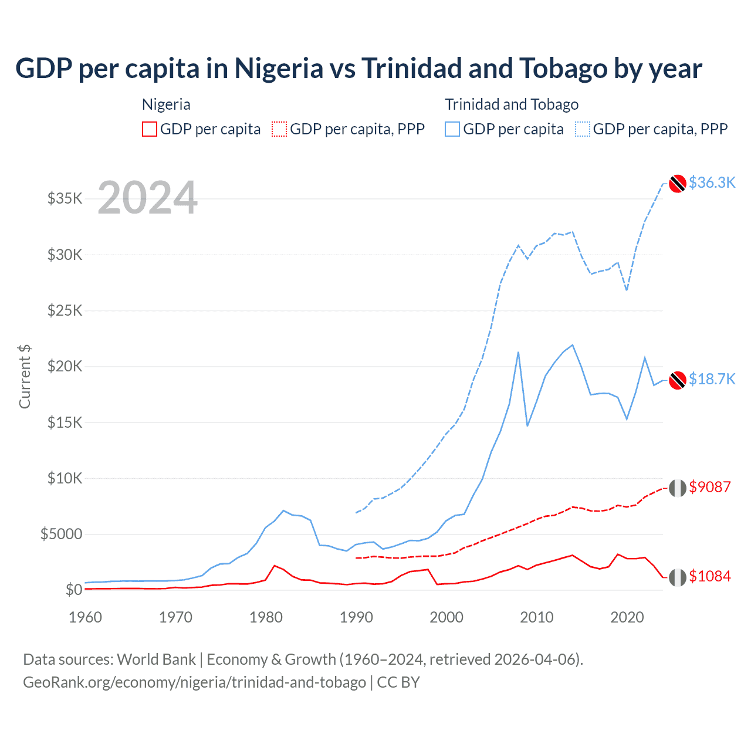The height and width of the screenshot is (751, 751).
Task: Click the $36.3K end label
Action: (712, 182)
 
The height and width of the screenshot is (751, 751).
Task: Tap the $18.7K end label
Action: (712, 379)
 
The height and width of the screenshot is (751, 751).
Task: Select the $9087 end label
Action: (710, 487)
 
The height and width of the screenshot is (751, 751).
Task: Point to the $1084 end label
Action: (710, 576)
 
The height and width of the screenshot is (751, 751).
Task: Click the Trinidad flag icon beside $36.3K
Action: (678, 184)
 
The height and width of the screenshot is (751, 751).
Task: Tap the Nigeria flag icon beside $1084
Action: (678, 577)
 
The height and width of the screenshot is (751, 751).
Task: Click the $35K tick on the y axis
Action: (65, 198)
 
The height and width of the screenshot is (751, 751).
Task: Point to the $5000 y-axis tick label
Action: (62, 534)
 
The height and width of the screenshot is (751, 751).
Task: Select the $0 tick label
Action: (73, 590)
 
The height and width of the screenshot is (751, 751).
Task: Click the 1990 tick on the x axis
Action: (356, 617)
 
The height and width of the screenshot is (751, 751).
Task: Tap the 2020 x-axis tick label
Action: (627, 617)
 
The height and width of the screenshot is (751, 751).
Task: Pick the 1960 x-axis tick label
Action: (86, 617)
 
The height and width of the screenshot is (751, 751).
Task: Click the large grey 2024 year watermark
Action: (147, 198)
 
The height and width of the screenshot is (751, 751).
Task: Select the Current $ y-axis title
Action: (25, 377)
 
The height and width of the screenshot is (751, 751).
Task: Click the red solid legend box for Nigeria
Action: (150, 129)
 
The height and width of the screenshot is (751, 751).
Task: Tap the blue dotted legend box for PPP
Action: (583, 129)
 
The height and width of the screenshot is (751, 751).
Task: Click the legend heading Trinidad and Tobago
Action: (512, 104)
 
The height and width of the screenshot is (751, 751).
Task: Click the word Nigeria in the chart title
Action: (279, 68)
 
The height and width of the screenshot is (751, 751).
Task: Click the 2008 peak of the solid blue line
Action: (518, 352)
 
